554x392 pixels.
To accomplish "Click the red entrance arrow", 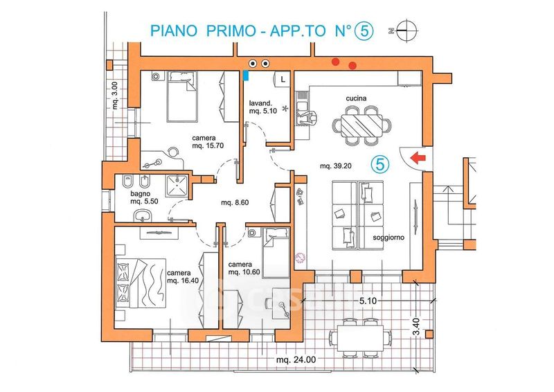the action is tap(418, 158).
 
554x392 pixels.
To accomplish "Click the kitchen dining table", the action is tap(361, 124).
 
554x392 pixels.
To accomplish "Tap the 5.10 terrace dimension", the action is tap(368, 301).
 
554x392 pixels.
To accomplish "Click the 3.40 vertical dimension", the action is tap(415, 323).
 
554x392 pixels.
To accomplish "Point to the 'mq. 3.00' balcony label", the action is tap(116, 97).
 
